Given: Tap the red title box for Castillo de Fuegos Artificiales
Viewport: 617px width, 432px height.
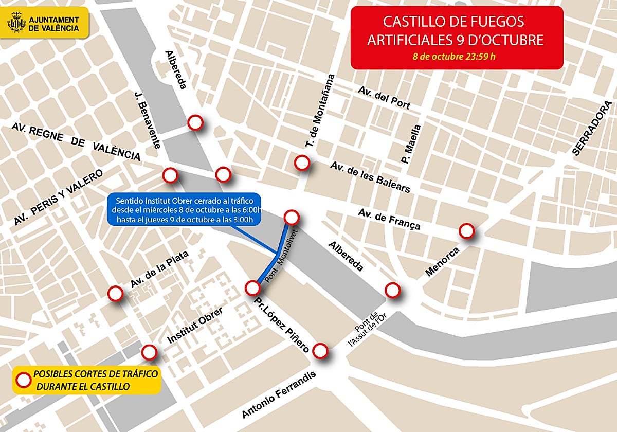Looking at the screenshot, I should (457, 37).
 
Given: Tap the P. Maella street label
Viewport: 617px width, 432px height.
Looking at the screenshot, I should (411, 144).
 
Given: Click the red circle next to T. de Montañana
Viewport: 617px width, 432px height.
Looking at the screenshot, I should (302, 163).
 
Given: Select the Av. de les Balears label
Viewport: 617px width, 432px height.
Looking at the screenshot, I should (370, 177).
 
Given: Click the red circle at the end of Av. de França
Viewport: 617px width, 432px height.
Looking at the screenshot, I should (466, 231).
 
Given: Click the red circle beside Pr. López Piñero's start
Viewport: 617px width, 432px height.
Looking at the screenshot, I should (252, 287).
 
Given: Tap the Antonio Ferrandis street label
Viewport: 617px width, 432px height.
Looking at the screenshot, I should (280, 394).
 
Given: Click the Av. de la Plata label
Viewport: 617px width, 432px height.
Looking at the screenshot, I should (159, 269).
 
